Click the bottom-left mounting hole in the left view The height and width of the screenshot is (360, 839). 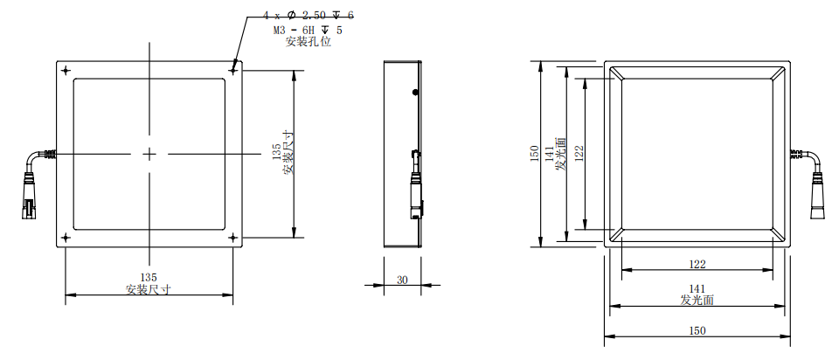pos(66,237)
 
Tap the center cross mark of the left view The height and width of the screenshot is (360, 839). pos(149,154)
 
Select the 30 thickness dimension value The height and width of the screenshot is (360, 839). pos(402,280)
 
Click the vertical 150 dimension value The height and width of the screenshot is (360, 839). pos(535,154)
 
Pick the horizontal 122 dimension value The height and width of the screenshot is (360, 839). pos(697,263)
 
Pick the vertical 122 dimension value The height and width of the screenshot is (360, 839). pos(579,154)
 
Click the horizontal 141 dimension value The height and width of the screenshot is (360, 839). pos(697,288)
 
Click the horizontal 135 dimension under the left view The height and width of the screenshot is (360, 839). pos(149,278)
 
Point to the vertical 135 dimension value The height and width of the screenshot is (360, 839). pos(277,154)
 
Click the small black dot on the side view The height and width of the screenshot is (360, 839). pos(415,91)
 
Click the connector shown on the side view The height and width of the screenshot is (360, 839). pos(416,188)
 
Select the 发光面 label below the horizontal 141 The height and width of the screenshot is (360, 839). pos(697,300)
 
